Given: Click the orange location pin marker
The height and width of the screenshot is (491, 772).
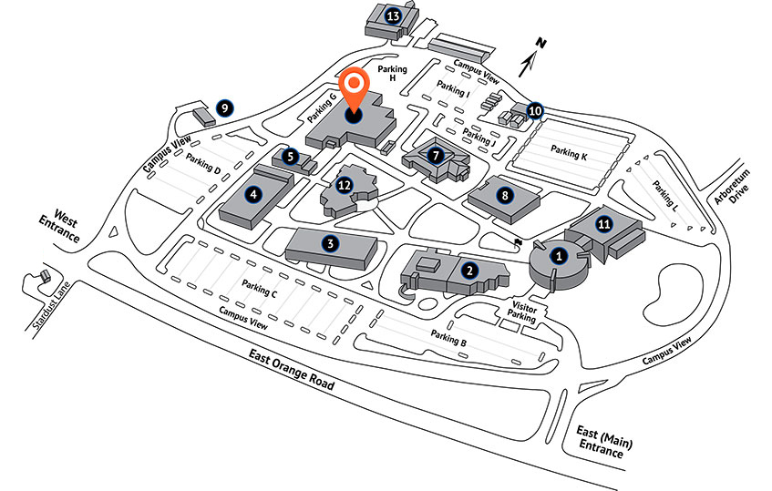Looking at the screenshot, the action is [354, 91].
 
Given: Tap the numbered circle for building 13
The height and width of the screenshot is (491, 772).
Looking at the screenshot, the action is [393, 16].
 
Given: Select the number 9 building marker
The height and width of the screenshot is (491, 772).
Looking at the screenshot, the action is [224, 108].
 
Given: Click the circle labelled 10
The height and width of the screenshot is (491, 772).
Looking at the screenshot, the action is [535, 111].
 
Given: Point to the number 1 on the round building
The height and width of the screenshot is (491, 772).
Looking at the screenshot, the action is [559, 256].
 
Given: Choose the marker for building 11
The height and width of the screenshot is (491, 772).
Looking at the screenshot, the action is [604, 224].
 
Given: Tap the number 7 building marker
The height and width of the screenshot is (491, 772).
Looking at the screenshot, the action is [436, 156].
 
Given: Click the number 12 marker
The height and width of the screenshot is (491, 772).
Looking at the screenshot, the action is [345, 186].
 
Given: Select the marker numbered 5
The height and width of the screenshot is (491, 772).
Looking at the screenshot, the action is [291, 157].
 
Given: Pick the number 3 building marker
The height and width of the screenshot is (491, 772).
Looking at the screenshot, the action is [330, 243].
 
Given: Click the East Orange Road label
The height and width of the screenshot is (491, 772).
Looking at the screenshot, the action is [292, 369].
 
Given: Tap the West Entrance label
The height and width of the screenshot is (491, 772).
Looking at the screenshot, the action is [60, 226].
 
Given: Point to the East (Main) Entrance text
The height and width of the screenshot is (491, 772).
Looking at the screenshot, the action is [603, 441].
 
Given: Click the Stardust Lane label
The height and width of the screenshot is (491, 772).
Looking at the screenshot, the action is [52, 305].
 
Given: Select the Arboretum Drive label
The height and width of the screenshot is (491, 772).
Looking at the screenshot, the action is [733, 187].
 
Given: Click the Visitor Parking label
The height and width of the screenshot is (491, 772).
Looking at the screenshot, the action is [523, 312].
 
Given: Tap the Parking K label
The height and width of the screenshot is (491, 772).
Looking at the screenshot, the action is [569, 152].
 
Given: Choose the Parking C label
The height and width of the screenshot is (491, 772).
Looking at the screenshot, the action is [260, 288].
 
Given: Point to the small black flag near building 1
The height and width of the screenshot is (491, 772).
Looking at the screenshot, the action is [518, 242].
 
